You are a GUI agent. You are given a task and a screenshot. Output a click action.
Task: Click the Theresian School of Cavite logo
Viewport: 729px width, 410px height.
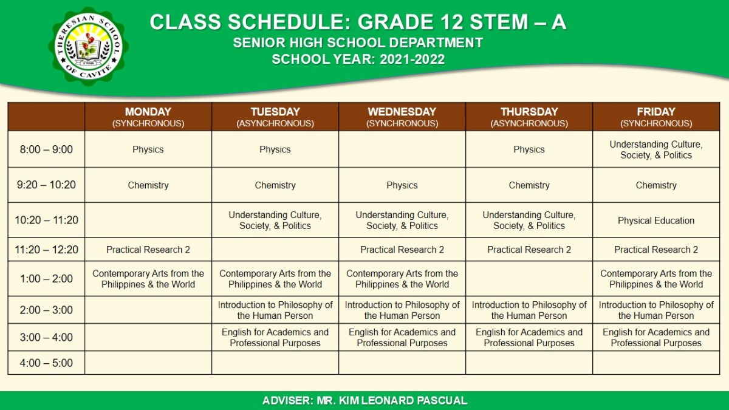pyautogui.click(x=89, y=47)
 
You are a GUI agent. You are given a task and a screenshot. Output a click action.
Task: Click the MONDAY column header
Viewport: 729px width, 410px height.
pyautogui.click(x=148, y=117)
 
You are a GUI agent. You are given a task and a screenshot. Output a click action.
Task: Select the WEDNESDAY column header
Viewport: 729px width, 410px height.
pyautogui.click(x=402, y=117)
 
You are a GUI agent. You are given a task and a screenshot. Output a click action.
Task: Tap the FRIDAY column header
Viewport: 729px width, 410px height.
pyautogui.click(x=655, y=117)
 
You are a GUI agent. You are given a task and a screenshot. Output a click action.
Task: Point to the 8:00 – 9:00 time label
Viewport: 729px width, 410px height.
pyautogui.click(x=46, y=149)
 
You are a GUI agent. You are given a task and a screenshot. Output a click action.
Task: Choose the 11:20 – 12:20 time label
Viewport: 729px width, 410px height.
pyautogui.click(x=46, y=250)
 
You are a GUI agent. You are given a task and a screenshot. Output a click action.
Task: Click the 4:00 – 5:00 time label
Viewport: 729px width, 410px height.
pyautogui.click(x=46, y=363)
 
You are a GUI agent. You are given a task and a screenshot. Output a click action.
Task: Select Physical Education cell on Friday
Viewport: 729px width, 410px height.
pyautogui.click(x=655, y=220)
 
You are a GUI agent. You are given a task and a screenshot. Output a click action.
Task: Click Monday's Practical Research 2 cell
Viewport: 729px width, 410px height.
pyautogui.click(x=148, y=250)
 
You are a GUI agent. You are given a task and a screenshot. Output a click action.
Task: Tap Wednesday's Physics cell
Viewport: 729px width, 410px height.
pyautogui.click(x=402, y=185)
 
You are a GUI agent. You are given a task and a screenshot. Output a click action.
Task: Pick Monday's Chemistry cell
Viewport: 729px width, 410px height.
pyautogui.click(x=148, y=185)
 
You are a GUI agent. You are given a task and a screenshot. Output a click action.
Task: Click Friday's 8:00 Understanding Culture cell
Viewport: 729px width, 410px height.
pyautogui.click(x=655, y=150)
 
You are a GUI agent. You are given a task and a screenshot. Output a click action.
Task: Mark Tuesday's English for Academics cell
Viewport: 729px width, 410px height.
pyautogui.click(x=275, y=338)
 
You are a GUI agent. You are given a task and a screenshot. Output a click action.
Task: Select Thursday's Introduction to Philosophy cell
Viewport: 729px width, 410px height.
pyautogui.click(x=529, y=310)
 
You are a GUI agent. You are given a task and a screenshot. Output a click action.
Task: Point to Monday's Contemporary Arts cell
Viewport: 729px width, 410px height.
pyautogui.click(x=148, y=279)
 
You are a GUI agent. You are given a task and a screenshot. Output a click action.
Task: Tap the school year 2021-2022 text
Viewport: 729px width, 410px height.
pyautogui.click(x=358, y=60)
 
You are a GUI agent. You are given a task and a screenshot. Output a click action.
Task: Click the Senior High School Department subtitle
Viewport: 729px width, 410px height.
pyautogui.click(x=358, y=43)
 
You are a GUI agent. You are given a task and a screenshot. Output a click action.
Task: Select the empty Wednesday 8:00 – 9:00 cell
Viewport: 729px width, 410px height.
pyautogui.click(x=402, y=149)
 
